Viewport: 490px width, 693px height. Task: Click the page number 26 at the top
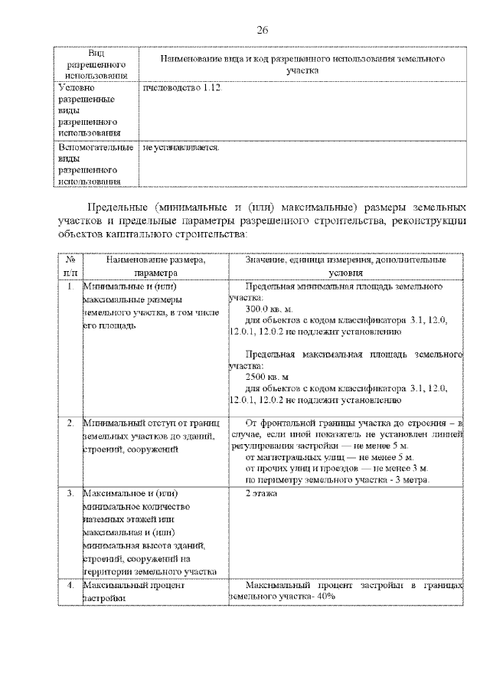click(262, 30)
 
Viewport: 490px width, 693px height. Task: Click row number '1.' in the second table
click(70, 286)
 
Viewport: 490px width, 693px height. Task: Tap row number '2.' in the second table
click(70, 423)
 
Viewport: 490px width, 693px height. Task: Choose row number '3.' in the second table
click(70, 495)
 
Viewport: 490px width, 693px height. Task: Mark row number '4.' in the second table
click(70, 585)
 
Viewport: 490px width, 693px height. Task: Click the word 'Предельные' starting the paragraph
click(117, 208)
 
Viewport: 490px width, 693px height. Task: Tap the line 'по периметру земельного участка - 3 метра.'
click(337, 479)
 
